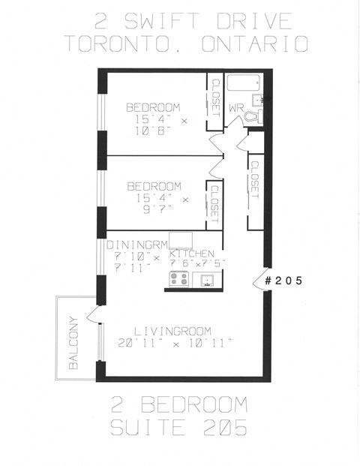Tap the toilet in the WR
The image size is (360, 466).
(x=251, y=118)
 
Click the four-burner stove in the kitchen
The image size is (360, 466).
(x=179, y=279)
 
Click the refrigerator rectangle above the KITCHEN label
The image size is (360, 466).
(x=181, y=240)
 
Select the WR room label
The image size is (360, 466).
(x=236, y=108)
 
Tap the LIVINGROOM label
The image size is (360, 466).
(x=172, y=331)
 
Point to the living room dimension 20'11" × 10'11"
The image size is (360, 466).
(x=175, y=343)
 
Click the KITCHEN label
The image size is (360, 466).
(x=193, y=254)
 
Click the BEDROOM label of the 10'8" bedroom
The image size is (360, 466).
(x=153, y=106)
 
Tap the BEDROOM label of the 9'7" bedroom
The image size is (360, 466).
(x=154, y=186)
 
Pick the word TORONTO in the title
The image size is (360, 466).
(x=117, y=43)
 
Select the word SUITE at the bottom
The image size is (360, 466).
(x=148, y=429)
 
